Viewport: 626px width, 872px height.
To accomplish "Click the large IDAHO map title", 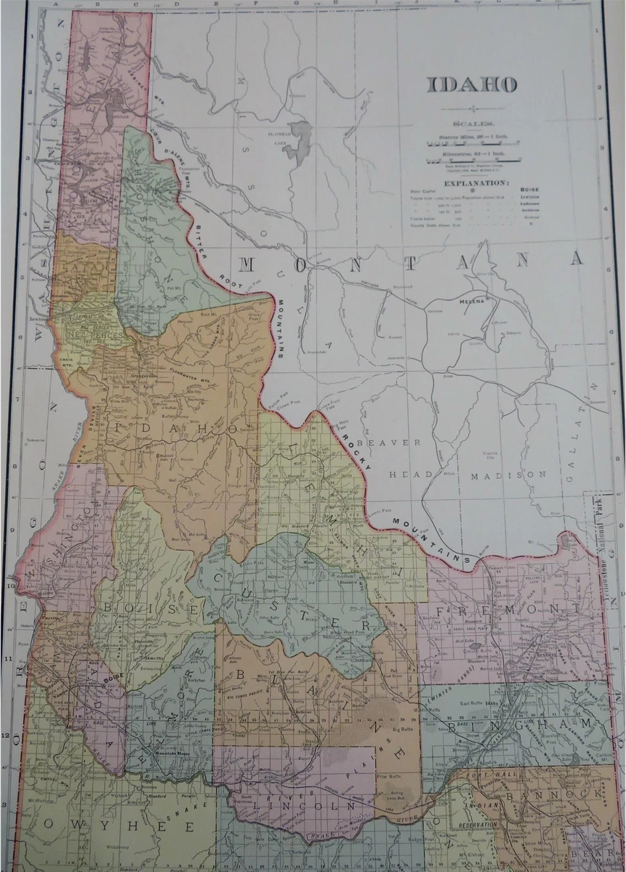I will pyautogui.click(x=471, y=84).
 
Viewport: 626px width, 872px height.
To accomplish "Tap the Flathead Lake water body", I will pyautogui.click(x=299, y=138).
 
